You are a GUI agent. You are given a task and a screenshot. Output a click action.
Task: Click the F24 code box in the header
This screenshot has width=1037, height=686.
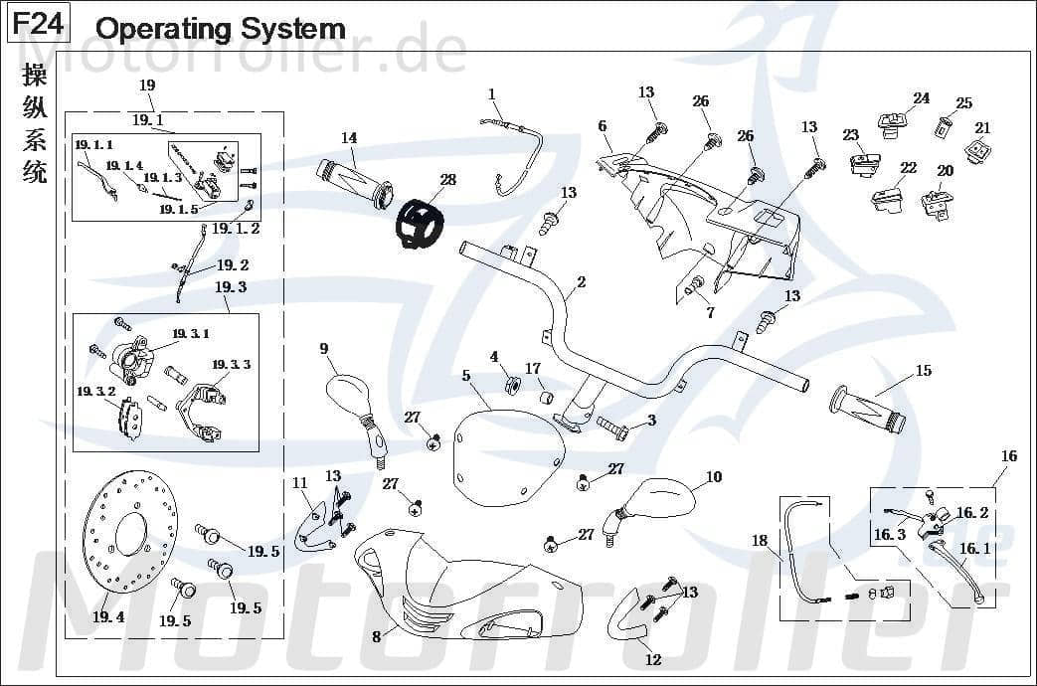[x=38, y=24]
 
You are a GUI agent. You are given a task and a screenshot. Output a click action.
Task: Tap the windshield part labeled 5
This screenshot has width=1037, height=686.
[x=505, y=456]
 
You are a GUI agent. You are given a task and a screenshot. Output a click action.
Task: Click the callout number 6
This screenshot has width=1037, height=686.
[x=603, y=126]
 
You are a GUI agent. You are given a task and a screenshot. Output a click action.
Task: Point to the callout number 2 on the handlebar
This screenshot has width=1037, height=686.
[x=582, y=282]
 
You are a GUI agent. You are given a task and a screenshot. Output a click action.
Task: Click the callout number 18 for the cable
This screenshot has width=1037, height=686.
[x=760, y=541]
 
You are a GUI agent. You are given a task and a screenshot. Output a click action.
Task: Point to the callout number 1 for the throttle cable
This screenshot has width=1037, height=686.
[x=491, y=93]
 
